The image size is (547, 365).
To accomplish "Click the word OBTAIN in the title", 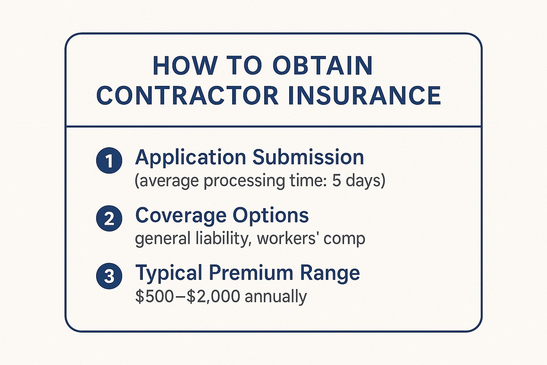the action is pos(323,66).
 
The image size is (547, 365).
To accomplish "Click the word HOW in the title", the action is pos(185,66).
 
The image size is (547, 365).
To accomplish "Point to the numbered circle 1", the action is pos(109,160).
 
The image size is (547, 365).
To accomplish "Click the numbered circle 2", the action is pos(109,218).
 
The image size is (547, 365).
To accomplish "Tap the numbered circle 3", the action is pos(109,276).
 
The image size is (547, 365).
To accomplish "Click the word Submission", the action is pos(308,157).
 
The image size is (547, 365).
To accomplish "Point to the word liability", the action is pos(222,239).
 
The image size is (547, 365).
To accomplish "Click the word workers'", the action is pos(287,238).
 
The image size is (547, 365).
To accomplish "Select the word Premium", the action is pos(251,273).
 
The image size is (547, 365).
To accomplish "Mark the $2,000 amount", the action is pos(213,296).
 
